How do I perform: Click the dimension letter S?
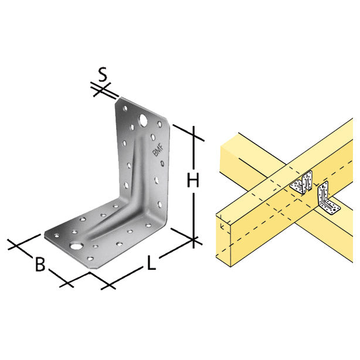(103, 74)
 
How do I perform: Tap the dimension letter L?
(151, 264)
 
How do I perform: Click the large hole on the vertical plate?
(142, 121)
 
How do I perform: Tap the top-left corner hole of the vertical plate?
(124, 108)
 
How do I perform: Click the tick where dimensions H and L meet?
(194, 239)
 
